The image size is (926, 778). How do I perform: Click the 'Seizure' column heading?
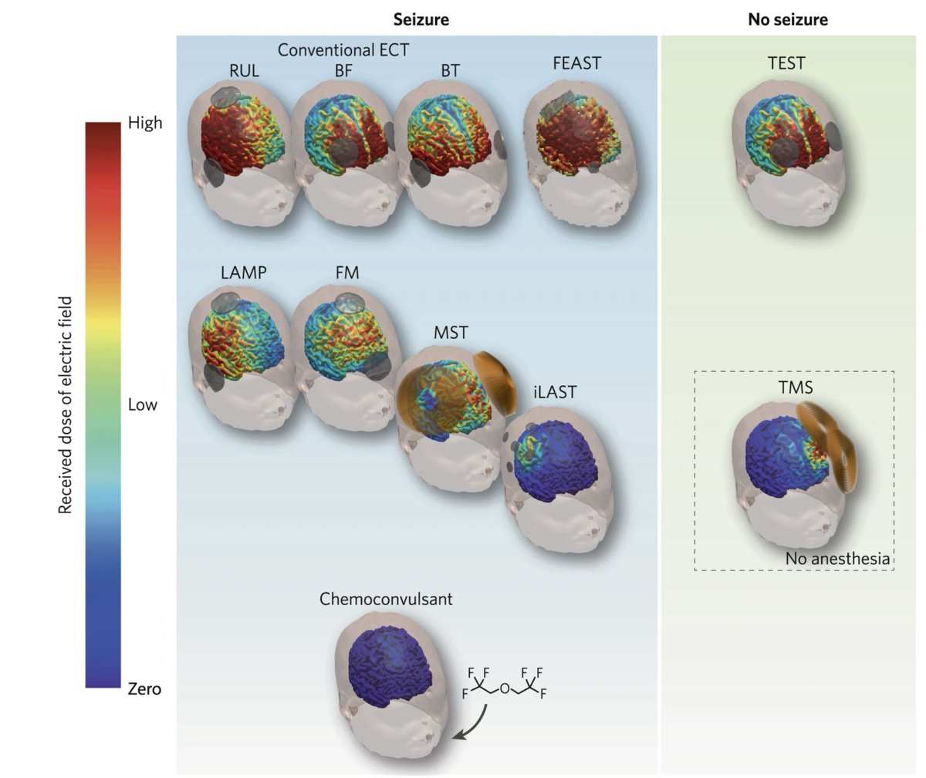pos(421,20)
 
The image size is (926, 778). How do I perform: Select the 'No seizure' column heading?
pos(787,20)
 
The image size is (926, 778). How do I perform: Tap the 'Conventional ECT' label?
pos(343,50)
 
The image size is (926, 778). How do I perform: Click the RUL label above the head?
pos(244,71)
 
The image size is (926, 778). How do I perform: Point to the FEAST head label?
pos(576,64)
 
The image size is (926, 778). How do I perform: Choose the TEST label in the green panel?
pos(786,63)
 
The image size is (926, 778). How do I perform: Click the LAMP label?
pos(244,272)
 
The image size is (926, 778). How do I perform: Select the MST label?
pos(450,333)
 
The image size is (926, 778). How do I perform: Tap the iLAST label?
pos(554,392)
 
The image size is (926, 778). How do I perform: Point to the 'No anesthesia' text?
pos(837,558)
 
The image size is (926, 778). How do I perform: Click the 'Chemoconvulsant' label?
pos(386,599)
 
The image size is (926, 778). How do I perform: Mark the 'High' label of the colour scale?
pos(145,123)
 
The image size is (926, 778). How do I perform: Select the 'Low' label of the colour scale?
pos(142,405)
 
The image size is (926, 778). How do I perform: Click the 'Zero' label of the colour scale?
pos(144,688)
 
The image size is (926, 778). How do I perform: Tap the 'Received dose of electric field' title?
pos(66,404)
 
